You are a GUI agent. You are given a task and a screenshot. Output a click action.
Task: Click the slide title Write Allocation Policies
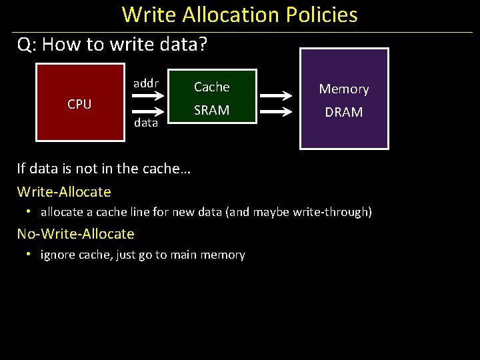click(240, 15)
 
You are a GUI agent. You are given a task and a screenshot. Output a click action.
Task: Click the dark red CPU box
click(80, 103)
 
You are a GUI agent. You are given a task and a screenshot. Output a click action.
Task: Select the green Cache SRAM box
click(211, 97)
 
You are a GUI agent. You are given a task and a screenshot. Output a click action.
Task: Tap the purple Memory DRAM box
click(344, 99)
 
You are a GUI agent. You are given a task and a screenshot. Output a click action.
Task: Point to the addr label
click(146, 83)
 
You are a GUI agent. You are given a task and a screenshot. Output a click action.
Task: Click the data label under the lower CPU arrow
click(146, 123)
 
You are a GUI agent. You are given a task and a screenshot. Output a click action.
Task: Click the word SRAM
click(211, 110)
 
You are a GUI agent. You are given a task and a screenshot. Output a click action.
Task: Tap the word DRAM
click(344, 113)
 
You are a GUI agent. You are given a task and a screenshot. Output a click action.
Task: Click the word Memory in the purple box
click(344, 89)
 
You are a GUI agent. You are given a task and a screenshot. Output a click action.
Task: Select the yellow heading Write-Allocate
click(64, 192)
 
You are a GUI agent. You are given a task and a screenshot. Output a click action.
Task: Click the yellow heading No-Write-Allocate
click(75, 234)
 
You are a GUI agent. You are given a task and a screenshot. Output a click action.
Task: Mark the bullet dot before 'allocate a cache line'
click(29, 212)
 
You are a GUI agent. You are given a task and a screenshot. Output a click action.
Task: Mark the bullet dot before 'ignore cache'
click(29, 254)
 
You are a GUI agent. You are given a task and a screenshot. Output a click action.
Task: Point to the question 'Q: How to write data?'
click(113, 45)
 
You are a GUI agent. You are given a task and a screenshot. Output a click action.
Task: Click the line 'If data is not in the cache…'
click(104, 169)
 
